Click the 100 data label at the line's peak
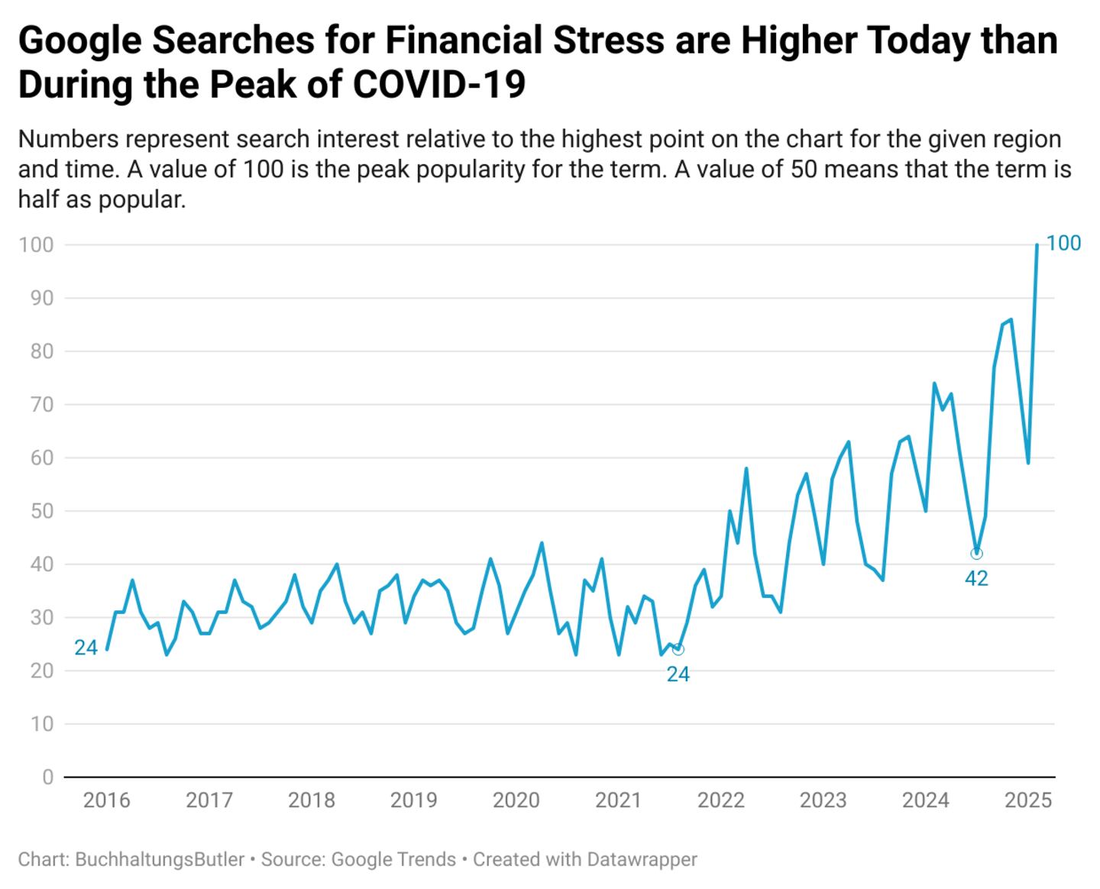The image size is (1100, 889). click(1063, 244)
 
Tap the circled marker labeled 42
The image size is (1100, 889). click(976, 554)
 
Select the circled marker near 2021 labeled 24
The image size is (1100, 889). click(678, 649)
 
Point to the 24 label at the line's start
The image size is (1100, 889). click(86, 648)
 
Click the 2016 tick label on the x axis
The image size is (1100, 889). click(106, 800)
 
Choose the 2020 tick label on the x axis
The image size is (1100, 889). click(516, 800)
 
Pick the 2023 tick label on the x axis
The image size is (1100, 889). click(823, 800)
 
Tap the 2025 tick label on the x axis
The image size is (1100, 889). click(1028, 800)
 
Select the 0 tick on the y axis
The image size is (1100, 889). click(47, 777)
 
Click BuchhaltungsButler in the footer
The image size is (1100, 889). click(160, 859)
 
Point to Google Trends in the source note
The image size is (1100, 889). click(393, 859)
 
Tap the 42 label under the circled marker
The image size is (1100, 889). click(976, 579)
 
